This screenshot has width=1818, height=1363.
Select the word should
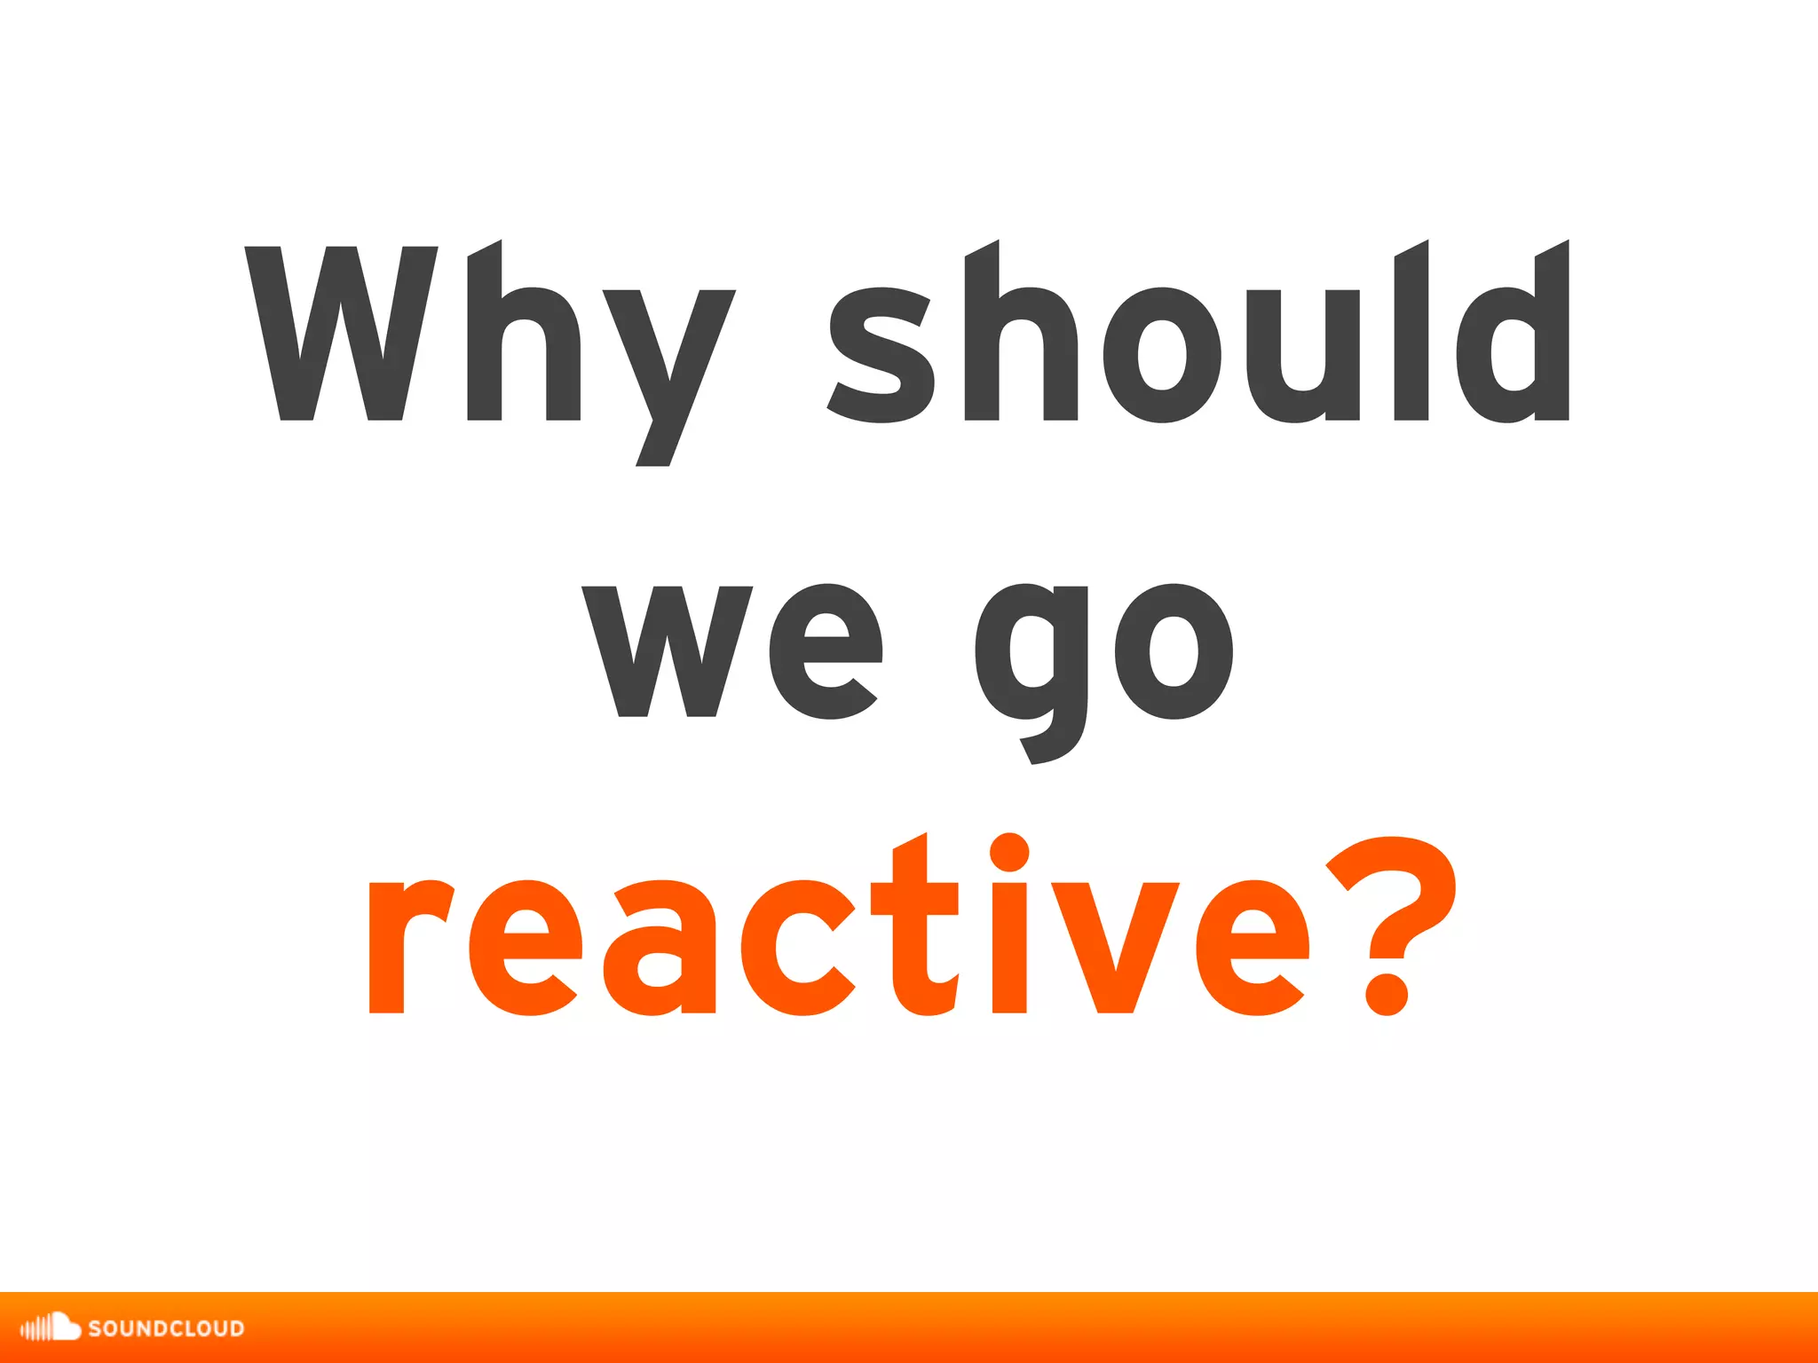click(x=1199, y=342)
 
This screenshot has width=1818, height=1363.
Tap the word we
click(x=732, y=652)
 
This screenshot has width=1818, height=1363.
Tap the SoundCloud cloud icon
click(x=51, y=1327)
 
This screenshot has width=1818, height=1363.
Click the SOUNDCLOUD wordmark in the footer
click(x=166, y=1328)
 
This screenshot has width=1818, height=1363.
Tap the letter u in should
click(x=1303, y=355)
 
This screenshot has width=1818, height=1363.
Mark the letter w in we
click(x=668, y=652)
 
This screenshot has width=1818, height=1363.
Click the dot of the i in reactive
click(x=1009, y=852)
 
